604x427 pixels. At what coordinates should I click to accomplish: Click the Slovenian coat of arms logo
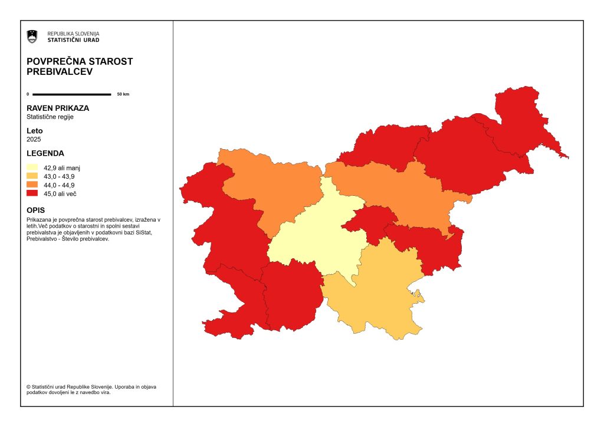pos(32,37)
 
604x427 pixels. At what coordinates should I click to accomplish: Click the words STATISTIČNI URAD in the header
pos(73,40)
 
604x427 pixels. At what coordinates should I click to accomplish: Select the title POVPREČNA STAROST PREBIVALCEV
pos(80,66)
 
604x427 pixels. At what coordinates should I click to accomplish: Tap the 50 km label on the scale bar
pos(123,94)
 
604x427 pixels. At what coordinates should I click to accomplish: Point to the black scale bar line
pos(71,94)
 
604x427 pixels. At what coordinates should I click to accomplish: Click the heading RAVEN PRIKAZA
pos(58,109)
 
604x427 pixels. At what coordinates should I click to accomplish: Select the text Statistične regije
pos(50,117)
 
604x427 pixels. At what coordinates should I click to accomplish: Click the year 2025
pos(34,139)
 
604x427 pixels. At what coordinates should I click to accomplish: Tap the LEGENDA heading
pos(45,153)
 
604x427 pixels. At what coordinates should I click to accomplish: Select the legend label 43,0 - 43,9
pos(59,176)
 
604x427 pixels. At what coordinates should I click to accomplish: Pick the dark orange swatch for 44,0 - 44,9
pos(32,185)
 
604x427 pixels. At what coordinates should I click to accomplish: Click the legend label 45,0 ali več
pos(60,193)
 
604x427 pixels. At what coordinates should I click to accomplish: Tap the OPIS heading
pos(36,210)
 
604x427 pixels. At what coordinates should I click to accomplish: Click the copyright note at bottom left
pos(91,389)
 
